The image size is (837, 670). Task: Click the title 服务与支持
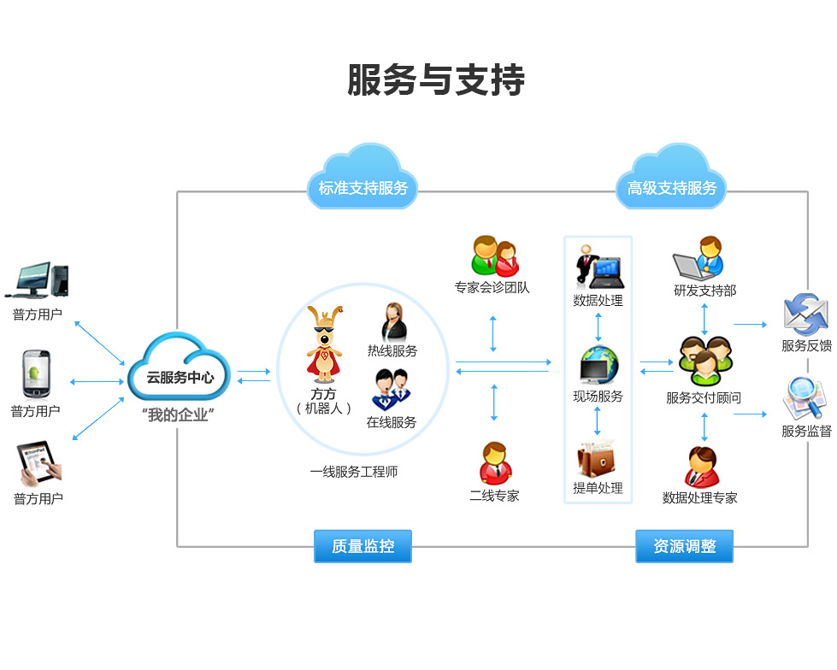[x=435, y=80]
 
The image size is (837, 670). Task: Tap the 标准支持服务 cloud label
[x=363, y=187]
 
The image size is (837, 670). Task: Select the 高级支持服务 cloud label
[x=672, y=187]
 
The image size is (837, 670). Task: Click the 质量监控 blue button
[x=363, y=546]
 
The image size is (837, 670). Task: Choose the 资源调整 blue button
[x=684, y=546]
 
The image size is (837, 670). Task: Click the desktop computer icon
[x=41, y=280]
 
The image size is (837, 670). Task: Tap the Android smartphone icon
[x=35, y=374]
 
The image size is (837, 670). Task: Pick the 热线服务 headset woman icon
[x=393, y=322]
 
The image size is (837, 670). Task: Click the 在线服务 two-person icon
[x=392, y=390]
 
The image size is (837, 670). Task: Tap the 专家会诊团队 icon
[x=494, y=256]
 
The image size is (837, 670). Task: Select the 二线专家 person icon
[x=494, y=464]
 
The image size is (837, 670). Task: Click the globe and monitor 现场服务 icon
[x=598, y=365]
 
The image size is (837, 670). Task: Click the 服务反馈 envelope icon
[x=806, y=314]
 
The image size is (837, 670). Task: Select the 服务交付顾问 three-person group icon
[x=704, y=361]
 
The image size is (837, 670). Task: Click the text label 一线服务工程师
[x=354, y=472]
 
